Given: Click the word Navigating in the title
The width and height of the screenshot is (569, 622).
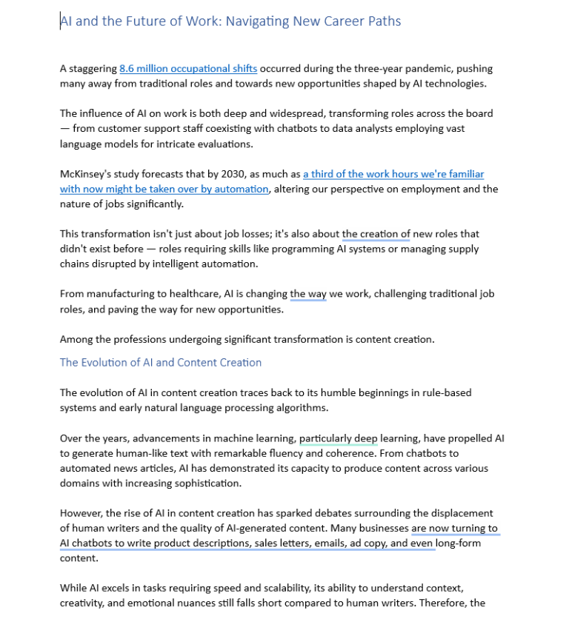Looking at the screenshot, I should point(257,21).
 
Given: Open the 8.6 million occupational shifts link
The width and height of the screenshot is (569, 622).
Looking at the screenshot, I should point(188,69).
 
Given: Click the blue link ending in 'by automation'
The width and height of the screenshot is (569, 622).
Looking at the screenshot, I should point(164,189).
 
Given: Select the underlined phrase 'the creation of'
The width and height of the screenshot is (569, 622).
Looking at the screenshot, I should point(376,234).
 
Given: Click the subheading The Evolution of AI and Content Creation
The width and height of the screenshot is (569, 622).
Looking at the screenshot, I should point(161,362).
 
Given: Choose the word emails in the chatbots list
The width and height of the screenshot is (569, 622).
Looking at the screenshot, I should point(327,544).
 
